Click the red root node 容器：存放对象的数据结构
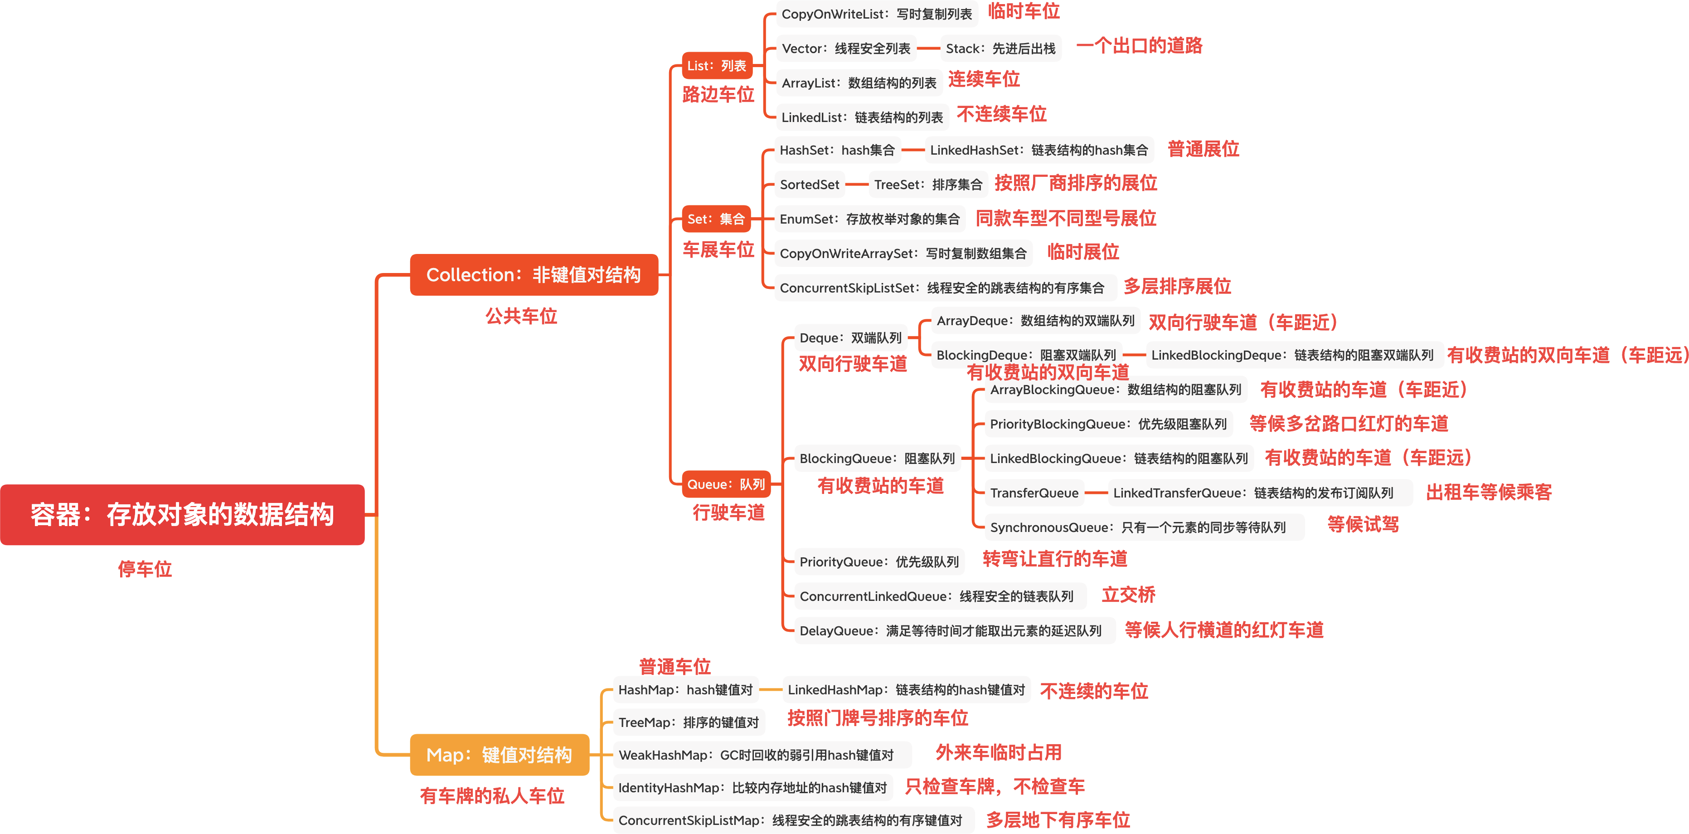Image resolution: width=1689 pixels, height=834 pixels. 182,514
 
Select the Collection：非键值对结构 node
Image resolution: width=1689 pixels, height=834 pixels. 534,274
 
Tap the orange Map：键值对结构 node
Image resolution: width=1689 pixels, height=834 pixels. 499,755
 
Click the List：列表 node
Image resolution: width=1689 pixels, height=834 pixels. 717,66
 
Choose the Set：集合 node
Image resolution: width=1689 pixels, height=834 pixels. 716,219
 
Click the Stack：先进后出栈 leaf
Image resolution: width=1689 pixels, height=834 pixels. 1000,49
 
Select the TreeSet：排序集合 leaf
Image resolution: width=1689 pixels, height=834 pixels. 928,185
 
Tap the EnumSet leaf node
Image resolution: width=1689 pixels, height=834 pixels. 869,219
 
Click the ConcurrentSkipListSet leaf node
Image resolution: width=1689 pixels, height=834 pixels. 942,288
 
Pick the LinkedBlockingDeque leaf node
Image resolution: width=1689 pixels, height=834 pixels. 1292,355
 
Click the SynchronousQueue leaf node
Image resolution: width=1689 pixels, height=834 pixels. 1138,527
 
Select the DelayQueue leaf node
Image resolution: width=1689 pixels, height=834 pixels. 950,630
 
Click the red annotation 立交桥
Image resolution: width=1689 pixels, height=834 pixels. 1128,595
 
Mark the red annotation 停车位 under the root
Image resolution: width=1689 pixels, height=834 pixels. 145,569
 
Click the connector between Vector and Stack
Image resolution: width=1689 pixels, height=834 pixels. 928,49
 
